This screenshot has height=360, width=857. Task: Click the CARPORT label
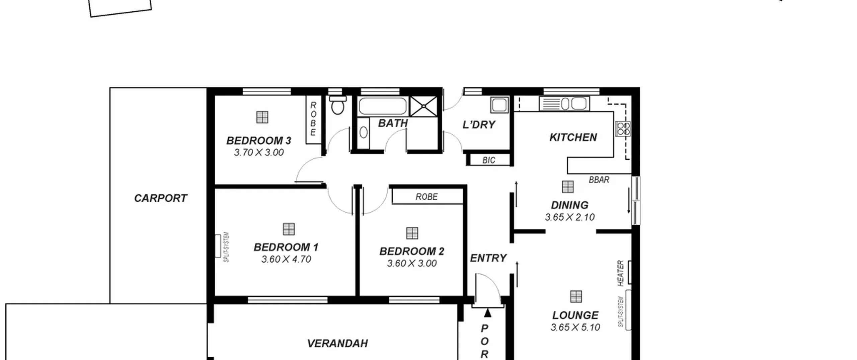(x=160, y=198)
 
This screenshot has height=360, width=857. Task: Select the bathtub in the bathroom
(x=382, y=106)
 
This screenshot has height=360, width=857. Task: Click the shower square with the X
(x=423, y=106)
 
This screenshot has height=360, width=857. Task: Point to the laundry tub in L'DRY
(x=499, y=105)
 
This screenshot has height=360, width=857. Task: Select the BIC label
(x=489, y=160)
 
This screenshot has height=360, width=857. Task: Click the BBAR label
(x=599, y=180)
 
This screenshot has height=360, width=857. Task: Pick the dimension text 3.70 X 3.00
(x=259, y=152)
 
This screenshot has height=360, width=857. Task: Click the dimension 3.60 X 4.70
(x=286, y=259)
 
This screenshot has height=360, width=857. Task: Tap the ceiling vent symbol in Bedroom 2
(x=412, y=233)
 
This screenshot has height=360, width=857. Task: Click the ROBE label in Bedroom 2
(x=426, y=197)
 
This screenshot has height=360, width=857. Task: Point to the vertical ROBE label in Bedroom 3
(x=313, y=119)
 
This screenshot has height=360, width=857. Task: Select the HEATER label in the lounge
(x=620, y=273)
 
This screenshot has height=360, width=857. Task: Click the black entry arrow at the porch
(x=488, y=313)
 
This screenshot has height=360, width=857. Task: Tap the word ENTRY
(x=488, y=258)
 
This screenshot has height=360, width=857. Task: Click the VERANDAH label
(x=337, y=343)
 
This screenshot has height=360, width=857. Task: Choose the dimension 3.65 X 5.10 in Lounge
(x=575, y=327)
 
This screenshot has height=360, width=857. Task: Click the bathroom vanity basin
(x=364, y=133)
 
